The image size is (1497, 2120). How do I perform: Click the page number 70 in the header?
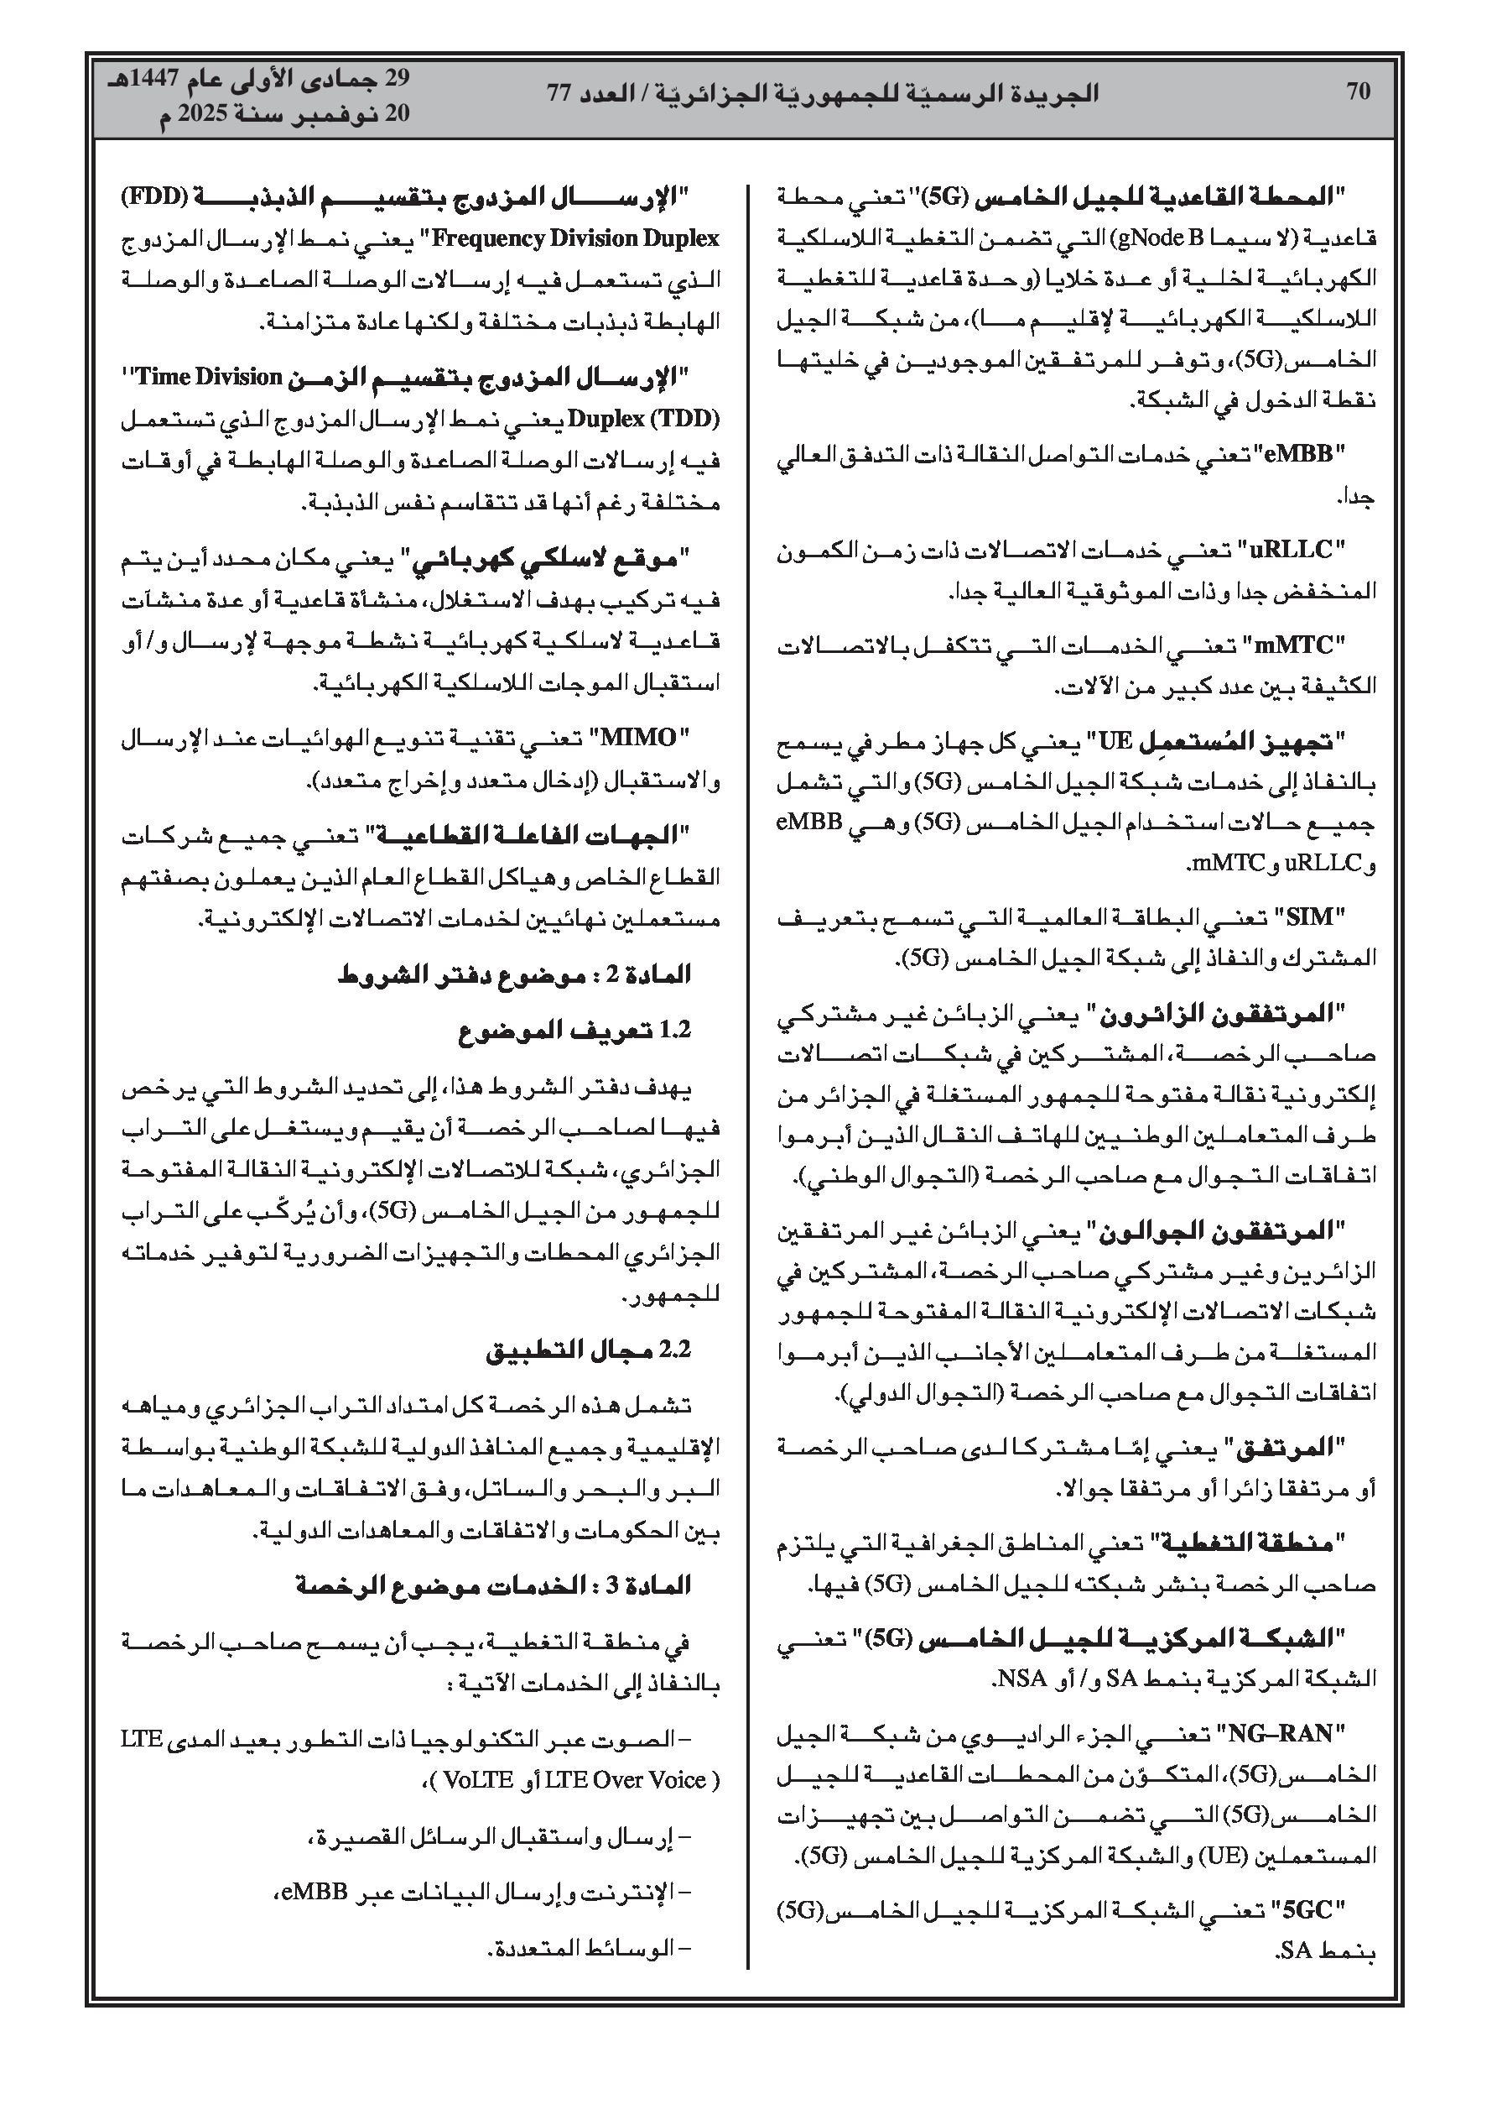1358,91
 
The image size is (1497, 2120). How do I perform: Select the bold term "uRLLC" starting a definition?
1290,551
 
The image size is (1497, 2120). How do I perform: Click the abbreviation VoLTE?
478,1780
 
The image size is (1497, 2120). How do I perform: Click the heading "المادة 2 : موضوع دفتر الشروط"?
513,975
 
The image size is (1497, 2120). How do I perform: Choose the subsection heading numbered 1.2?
574,1031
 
